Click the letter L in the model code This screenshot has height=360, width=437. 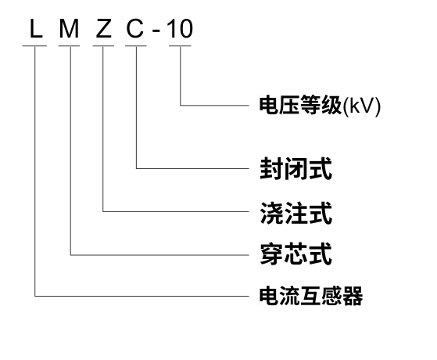(36, 29)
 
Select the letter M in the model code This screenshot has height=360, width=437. (69, 29)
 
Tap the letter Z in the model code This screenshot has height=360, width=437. (103, 29)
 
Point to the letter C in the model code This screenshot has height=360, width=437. (135, 29)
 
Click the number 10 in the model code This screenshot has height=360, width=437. (180, 29)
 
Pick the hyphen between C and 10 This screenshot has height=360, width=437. (156, 31)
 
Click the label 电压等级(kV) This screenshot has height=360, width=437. (320, 106)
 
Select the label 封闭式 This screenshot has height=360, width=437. (296, 168)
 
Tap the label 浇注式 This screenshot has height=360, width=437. (296, 212)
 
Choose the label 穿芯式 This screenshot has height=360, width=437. (296, 254)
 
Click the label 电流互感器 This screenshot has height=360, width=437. (311, 296)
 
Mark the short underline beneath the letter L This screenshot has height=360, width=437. (34, 45)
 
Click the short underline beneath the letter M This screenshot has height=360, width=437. (69, 45)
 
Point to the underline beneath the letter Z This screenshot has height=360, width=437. (103, 45)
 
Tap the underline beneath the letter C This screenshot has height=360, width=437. (136, 45)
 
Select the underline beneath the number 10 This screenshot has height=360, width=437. (180, 45)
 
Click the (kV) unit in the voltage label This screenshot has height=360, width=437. (361, 106)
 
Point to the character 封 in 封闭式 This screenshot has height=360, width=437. (270, 168)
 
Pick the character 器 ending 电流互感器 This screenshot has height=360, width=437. (353, 296)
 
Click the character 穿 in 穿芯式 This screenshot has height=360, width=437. (270, 254)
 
